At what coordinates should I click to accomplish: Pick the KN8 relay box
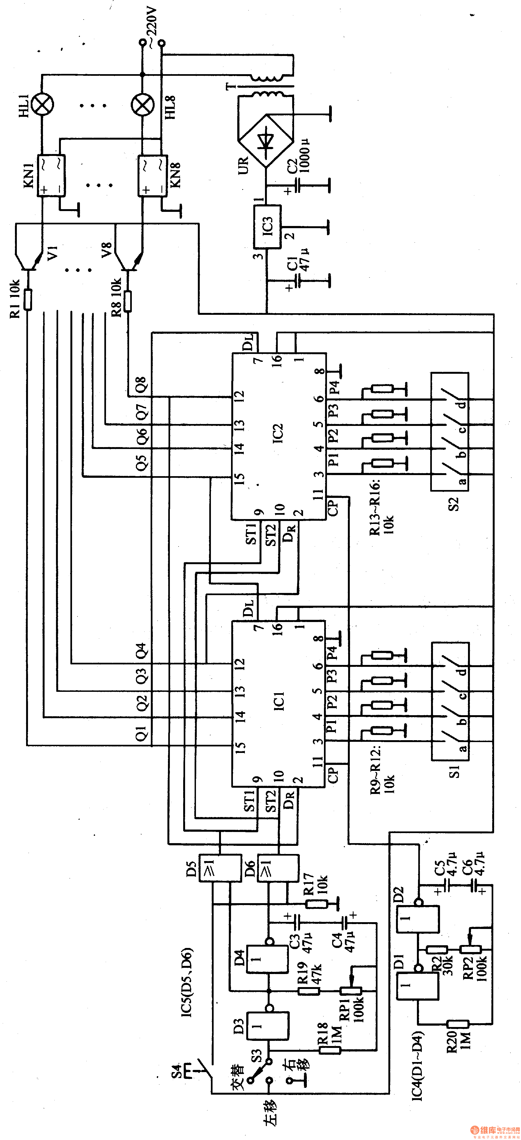point(152,175)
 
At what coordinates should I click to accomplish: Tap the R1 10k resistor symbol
point(28,300)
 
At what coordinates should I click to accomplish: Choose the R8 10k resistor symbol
point(128,301)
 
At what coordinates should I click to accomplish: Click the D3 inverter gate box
point(268,1026)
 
